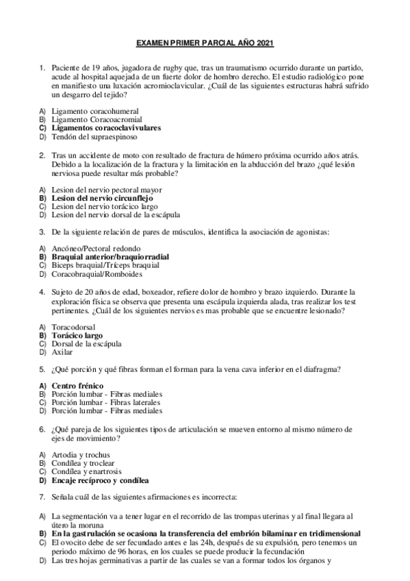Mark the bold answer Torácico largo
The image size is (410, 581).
click(77, 336)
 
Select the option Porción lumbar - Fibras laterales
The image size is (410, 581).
click(107, 403)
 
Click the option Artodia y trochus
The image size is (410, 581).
click(81, 455)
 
